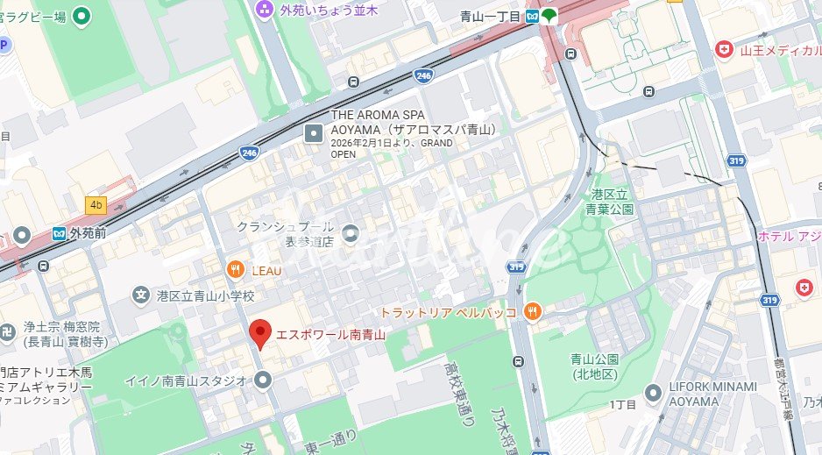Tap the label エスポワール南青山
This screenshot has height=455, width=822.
tap(331, 334)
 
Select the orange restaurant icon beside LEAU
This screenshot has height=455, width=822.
tap(234, 270)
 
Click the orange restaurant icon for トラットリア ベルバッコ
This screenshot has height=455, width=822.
tap(531, 311)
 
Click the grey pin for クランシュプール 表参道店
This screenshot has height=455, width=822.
tap(351, 232)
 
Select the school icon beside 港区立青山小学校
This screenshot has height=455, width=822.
tap(140, 296)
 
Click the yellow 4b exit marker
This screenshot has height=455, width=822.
tap(96, 205)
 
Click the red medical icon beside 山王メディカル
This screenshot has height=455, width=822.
tap(723, 50)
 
